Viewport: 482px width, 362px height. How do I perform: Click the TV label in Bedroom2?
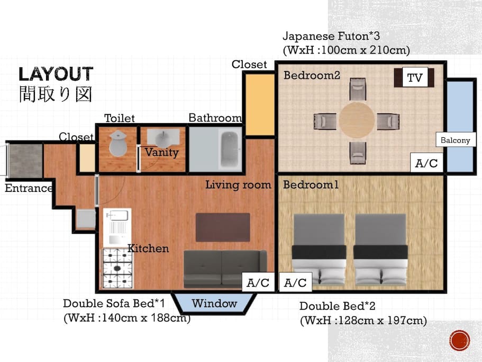click(x=415, y=77)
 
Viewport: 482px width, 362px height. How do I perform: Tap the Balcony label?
click(x=456, y=140)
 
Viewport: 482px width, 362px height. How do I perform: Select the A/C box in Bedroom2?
click(x=426, y=163)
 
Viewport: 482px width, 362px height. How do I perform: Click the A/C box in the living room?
click(x=258, y=282)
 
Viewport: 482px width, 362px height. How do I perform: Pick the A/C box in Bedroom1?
click(x=295, y=282)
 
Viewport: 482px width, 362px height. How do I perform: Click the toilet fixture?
click(x=118, y=143)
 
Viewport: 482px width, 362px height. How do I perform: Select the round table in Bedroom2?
click(x=357, y=120)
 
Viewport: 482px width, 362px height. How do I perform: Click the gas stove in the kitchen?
click(x=117, y=268)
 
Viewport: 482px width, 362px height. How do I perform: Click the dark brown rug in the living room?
click(x=223, y=227)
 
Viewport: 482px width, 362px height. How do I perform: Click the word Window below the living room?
click(x=214, y=304)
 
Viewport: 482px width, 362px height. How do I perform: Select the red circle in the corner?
click(x=460, y=340)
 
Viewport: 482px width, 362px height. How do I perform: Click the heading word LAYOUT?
click(x=56, y=74)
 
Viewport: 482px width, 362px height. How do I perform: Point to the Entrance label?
click(x=29, y=188)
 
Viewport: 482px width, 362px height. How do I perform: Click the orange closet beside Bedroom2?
click(x=260, y=104)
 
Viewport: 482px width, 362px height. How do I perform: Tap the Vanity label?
click(x=162, y=152)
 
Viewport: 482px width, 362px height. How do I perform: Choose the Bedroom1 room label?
click(x=311, y=184)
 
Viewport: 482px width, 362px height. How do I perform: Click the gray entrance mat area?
click(x=25, y=161)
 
